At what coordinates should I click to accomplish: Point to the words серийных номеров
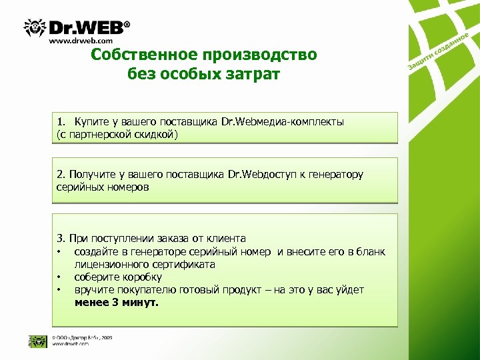pos(103,187)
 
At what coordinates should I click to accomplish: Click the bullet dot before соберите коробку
pos(59,277)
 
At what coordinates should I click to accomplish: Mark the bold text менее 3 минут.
pos(117,303)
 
